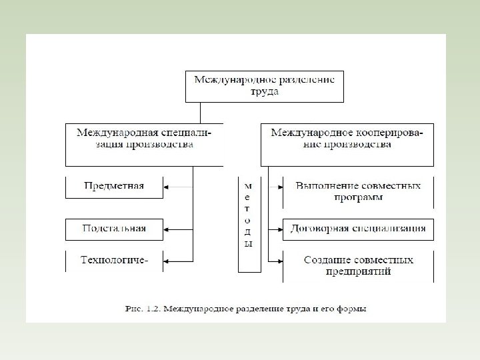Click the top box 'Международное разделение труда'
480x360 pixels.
[264, 85]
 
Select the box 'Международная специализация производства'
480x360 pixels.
[144, 143]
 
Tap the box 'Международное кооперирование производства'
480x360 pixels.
[347, 143]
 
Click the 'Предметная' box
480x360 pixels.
[114, 186]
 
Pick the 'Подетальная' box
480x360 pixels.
[114, 229]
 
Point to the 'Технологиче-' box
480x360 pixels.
[114, 260]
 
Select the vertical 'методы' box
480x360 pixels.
[249, 223]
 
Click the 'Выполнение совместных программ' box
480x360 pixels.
[358, 191]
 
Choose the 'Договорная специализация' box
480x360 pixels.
[358, 229]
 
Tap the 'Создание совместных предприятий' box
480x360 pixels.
[358, 265]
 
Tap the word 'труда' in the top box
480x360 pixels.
[264, 92]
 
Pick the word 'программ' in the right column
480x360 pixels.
[359, 198]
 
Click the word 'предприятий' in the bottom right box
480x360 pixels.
[359, 271]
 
